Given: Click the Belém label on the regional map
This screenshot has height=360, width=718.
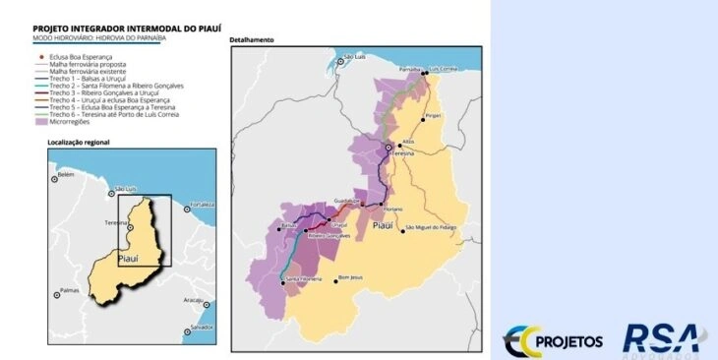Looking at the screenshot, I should point(67,174).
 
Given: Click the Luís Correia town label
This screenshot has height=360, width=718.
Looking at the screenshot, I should point(445,69).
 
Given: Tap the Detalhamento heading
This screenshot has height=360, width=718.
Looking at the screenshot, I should point(251,40).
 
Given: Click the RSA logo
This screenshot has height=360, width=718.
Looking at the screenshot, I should point(660,338).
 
